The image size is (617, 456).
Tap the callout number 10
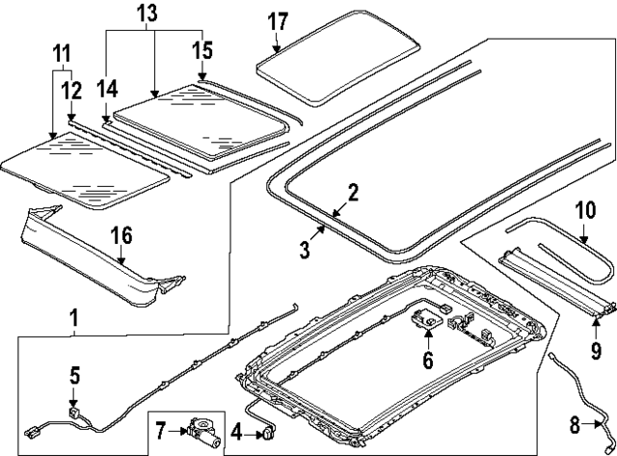pyautogui.click(x=585, y=209)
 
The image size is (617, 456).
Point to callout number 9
pyautogui.click(x=596, y=350)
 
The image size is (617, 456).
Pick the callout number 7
pyautogui.click(x=161, y=425)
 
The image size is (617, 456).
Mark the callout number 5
pyautogui.click(x=73, y=375)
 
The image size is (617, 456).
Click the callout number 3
pyautogui.click(x=305, y=251)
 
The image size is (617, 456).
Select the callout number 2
pyautogui.click(x=353, y=192)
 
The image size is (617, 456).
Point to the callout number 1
pyautogui.click(x=73, y=315)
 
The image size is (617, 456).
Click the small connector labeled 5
pyautogui.click(x=73, y=410)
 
